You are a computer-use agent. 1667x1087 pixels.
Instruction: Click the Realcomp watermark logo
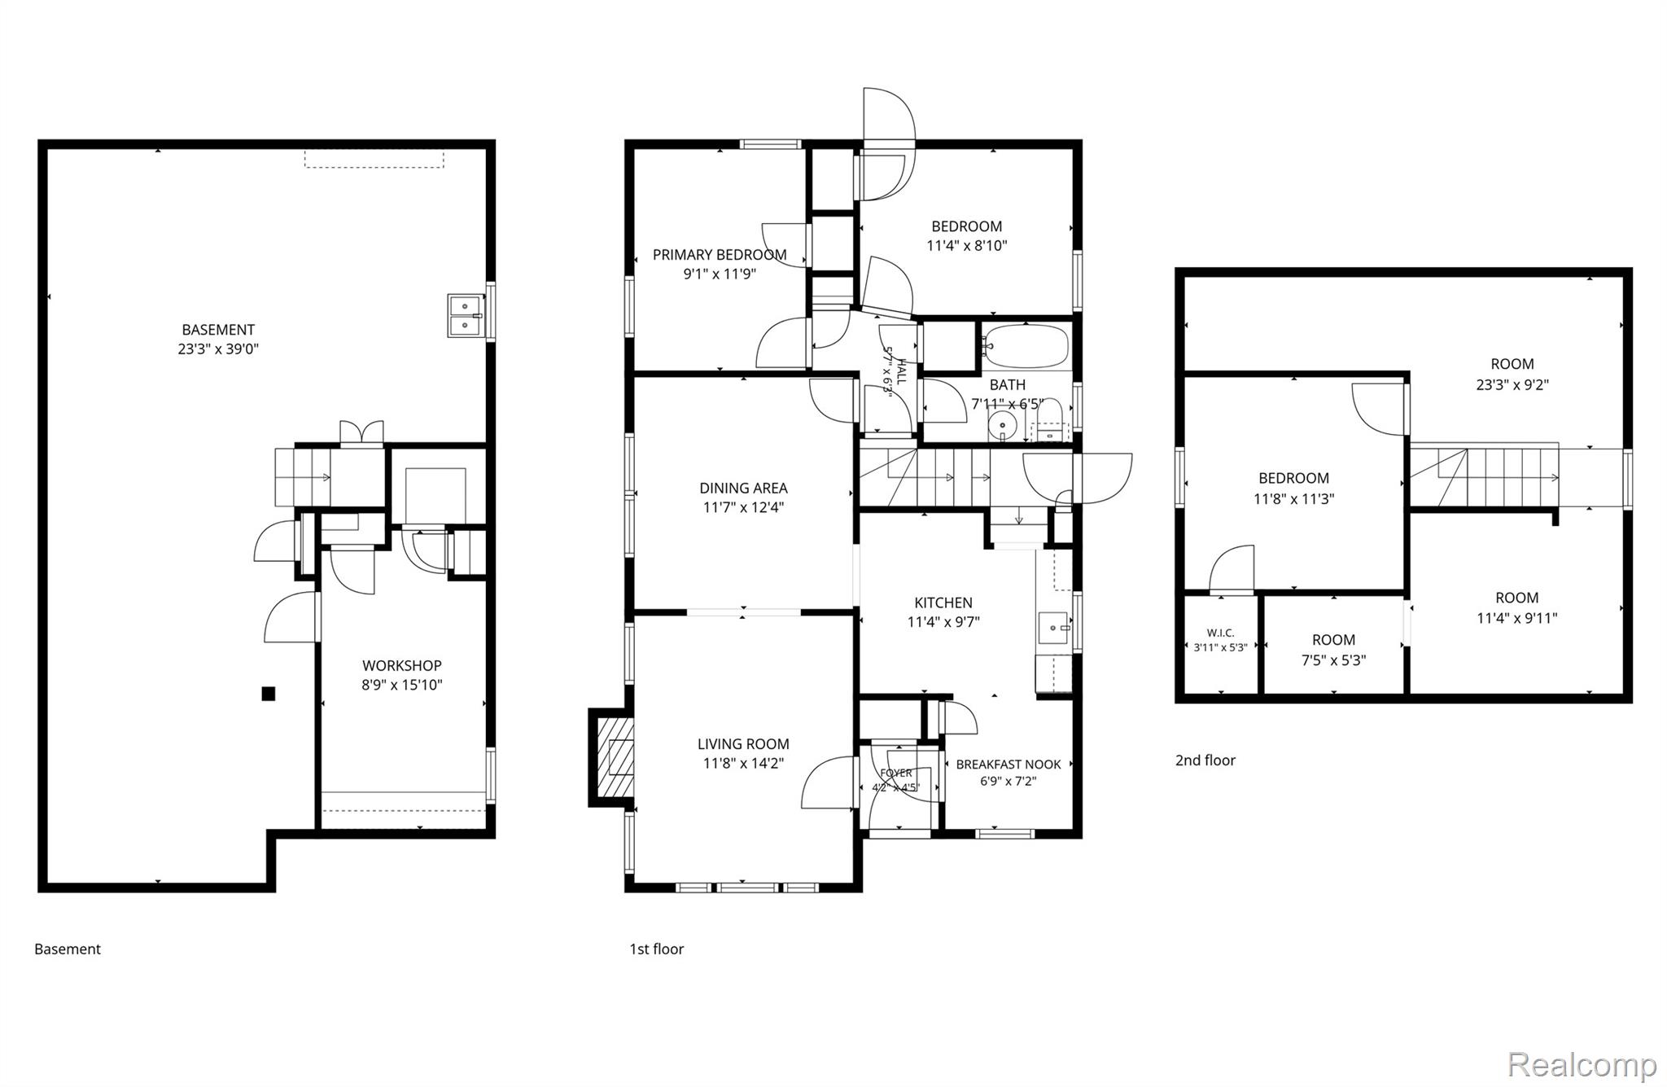tap(1582, 1064)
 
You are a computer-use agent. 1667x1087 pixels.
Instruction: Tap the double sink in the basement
tap(466, 316)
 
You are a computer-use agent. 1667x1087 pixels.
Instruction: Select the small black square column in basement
tap(268, 694)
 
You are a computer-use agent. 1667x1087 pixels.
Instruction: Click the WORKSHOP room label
tap(402, 665)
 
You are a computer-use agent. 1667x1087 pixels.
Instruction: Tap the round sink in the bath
tap(1003, 425)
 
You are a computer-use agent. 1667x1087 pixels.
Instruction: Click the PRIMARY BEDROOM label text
tap(720, 255)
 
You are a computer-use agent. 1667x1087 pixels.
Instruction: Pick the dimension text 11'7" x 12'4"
tap(743, 507)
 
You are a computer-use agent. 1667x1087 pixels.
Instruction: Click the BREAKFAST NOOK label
tap(1009, 764)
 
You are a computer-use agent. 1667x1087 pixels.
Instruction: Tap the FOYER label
tap(896, 773)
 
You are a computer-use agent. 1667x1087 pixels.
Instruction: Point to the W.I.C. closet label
tap(1221, 633)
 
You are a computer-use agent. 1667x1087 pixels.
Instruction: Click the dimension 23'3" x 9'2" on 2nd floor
tap(1512, 384)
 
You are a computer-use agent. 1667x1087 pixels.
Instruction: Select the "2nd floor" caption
tap(1205, 760)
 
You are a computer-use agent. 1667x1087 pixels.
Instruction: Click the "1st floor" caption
tap(656, 949)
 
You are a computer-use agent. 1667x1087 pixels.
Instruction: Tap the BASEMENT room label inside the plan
tap(218, 330)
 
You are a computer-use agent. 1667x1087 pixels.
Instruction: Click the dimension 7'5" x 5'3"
tap(1333, 660)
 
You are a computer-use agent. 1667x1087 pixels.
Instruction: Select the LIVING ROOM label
tap(743, 743)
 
